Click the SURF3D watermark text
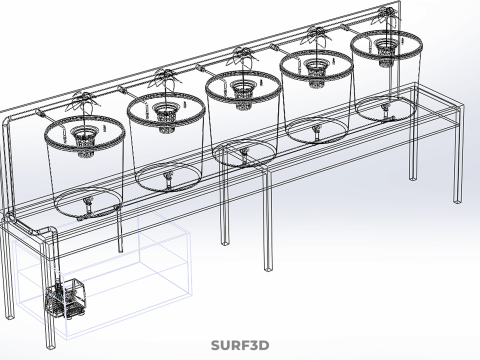(x=239, y=347)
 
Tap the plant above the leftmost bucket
(x=81, y=101)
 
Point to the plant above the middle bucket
(x=241, y=57)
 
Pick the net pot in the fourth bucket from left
(x=316, y=68)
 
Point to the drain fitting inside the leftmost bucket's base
(x=89, y=206)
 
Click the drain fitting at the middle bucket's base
(x=244, y=155)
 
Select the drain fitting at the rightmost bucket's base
(x=385, y=107)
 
